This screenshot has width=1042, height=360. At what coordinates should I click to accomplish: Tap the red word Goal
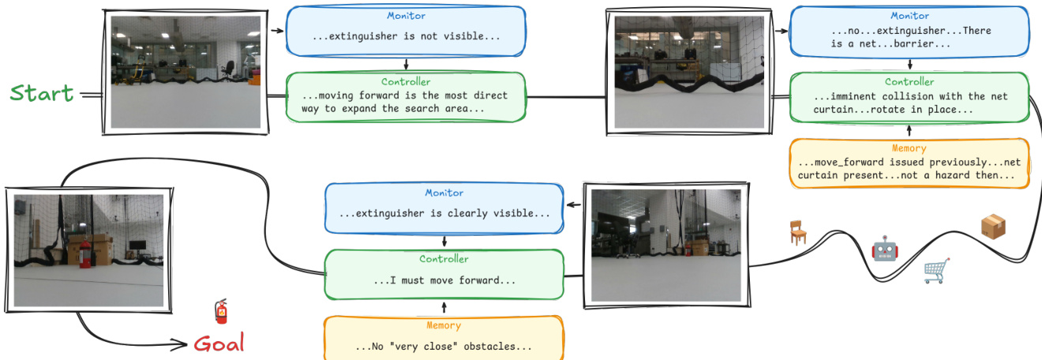click(219, 343)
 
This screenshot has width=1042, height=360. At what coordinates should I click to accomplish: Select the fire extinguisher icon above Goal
click(222, 311)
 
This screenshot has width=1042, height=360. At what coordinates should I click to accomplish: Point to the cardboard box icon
click(994, 227)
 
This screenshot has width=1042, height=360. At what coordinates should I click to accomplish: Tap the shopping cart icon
click(936, 271)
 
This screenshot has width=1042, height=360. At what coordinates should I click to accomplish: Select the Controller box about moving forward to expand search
click(406, 96)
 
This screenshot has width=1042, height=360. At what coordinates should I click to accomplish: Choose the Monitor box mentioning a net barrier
click(909, 32)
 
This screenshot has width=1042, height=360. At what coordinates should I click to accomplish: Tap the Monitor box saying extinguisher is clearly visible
click(444, 208)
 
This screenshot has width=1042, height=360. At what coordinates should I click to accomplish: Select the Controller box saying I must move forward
click(444, 274)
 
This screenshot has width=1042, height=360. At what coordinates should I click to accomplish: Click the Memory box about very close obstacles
click(444, 337)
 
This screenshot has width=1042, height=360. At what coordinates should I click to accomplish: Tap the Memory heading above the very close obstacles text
click(444, 325)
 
